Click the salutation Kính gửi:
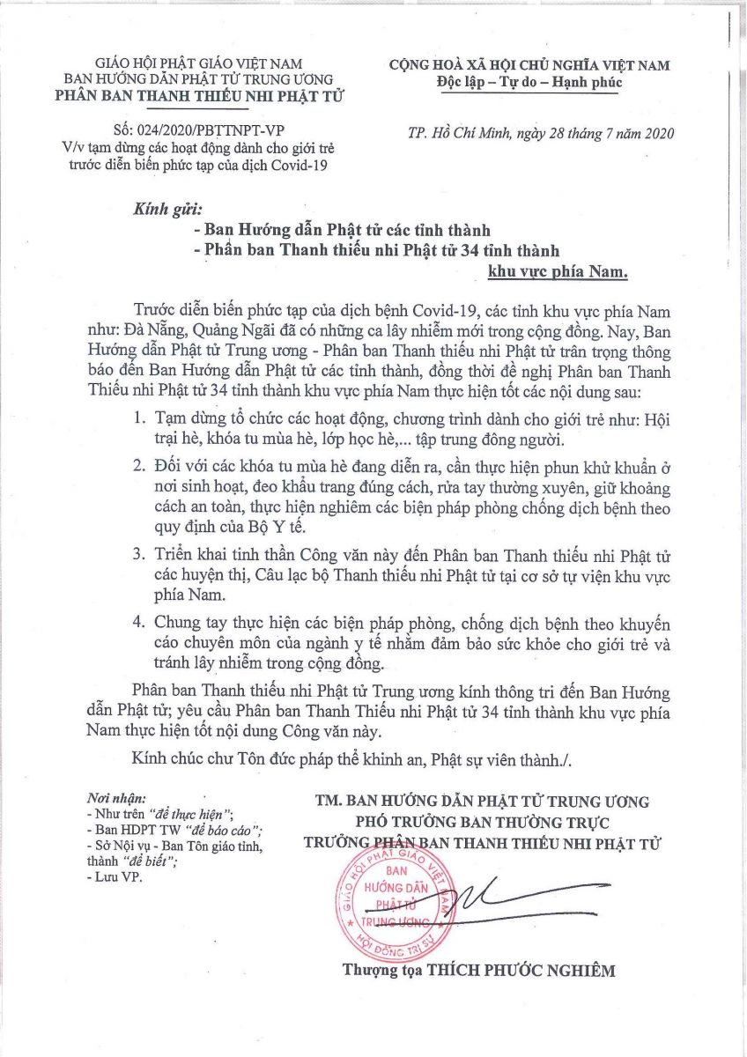[166, 211]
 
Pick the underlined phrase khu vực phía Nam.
[557, 272]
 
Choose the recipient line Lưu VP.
[115, 877]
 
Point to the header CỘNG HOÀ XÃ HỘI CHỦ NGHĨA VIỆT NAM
[529, 65]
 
